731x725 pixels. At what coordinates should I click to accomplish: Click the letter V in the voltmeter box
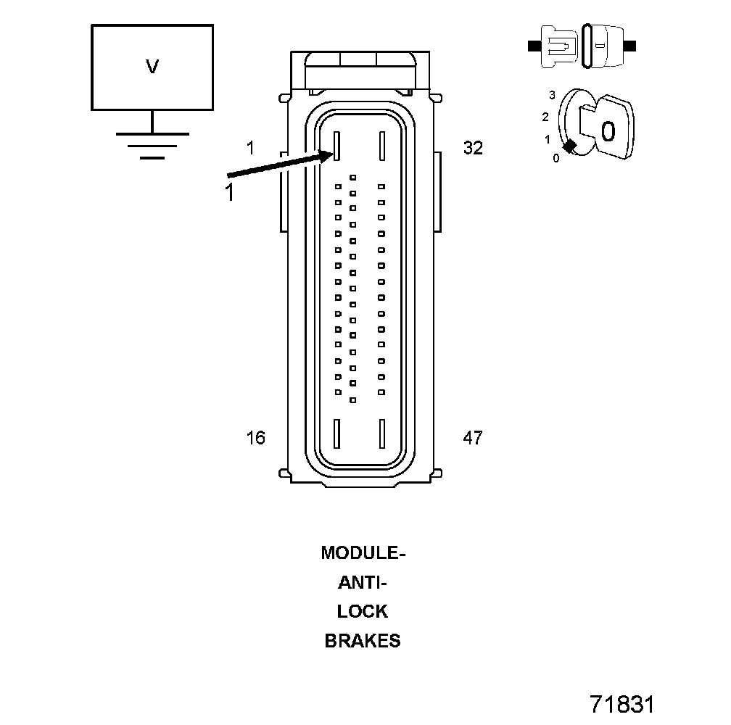point(152,67)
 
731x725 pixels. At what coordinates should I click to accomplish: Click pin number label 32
point(473,148)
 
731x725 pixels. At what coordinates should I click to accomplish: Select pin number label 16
point(255,437)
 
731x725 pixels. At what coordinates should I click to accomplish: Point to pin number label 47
point(473,437)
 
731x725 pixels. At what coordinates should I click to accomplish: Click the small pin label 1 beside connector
point(251,148)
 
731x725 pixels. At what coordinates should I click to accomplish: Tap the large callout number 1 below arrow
point(229,191)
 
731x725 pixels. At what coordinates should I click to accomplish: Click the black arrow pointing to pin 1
point(281,164)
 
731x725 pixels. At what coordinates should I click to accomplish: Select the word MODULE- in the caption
point(363,552)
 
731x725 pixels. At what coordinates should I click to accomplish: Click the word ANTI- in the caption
point(363,582)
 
